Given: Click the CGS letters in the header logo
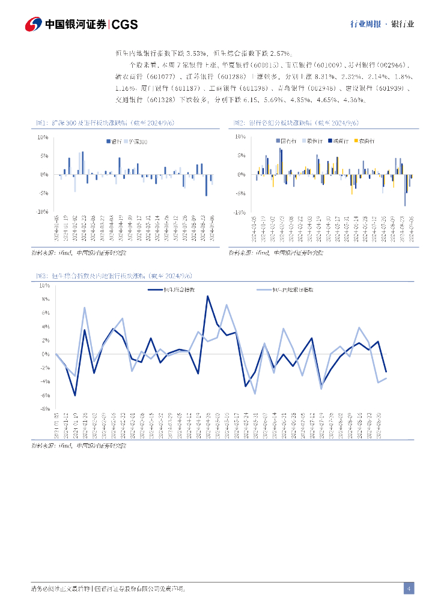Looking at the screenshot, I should (x=125, y=24).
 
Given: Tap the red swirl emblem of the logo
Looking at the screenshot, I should (x=33, y=24).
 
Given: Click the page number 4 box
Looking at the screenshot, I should (x=409, y=589).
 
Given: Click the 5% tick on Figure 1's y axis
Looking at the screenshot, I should (x=44, y=156).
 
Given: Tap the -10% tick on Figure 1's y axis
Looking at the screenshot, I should (x=43, y=212).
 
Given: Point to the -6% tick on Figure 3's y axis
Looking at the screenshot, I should (x=44, y=395).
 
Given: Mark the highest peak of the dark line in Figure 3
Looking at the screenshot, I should (x=208, y=296).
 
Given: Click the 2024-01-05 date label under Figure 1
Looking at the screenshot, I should (x=57, y=228).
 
